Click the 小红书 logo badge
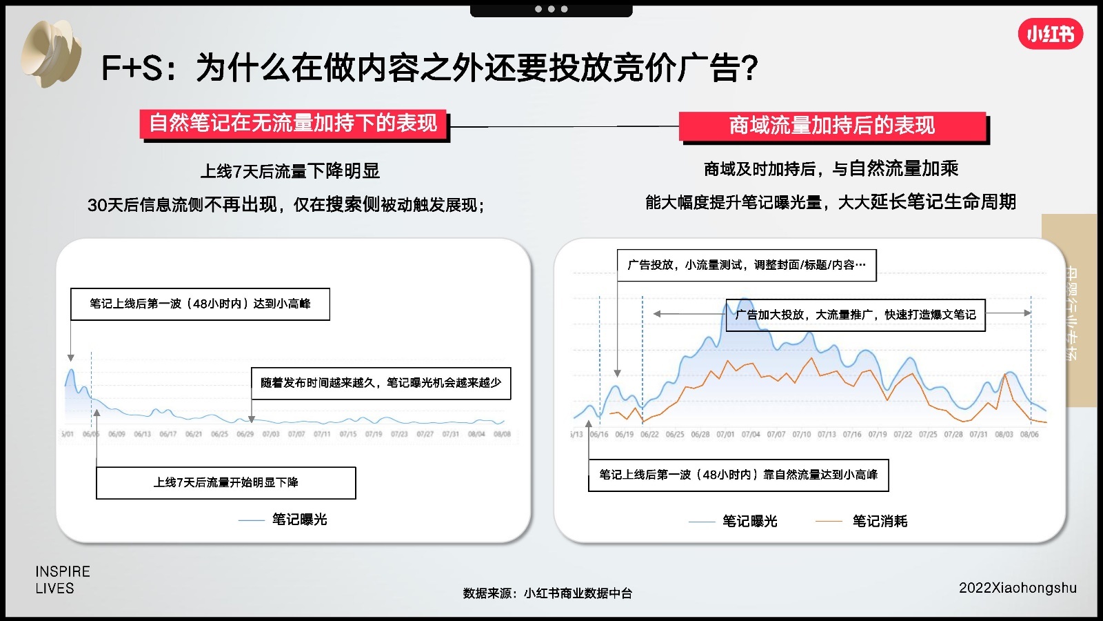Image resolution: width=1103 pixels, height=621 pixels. (x=1050, y=34)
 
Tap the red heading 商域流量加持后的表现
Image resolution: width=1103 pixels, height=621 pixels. (x=832, y=126)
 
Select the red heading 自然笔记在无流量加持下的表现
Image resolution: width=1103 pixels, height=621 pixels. (x=294, y=124)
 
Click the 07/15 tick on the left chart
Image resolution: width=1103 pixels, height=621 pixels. (x=347, y=434)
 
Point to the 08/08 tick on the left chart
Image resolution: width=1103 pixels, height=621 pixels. (x=502, y=434)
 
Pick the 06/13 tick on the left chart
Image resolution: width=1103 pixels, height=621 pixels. (x=142, y=434)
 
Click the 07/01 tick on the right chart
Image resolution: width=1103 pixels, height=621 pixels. (x=725, y=435)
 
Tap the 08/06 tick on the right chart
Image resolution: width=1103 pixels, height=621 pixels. (x=1029, y=435)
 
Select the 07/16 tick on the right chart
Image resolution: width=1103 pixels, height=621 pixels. (x=852, y=435)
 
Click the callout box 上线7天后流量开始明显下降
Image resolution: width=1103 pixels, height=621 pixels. (x=226, y=482)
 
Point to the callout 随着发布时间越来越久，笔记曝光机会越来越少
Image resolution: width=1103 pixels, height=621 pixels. (x=381, y=383)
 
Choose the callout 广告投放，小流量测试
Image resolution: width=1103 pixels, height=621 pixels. (x=747, y=265)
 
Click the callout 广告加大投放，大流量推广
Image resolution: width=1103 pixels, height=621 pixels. (x=856, y=315)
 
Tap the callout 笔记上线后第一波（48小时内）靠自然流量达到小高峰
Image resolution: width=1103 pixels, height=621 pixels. (x=738, y=475)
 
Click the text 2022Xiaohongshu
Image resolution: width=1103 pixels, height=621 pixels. (x=1018, y=588)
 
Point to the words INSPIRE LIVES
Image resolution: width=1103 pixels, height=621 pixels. (x=63, y=580)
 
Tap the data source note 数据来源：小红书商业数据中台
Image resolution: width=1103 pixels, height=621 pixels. (x=547, y=593)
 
